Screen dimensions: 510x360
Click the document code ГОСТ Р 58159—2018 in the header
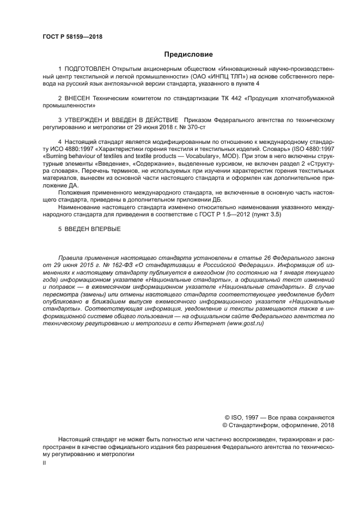click(72, 37)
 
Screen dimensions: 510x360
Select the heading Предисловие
click(188, 54)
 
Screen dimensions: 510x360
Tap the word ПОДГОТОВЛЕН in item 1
click(87, 69)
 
